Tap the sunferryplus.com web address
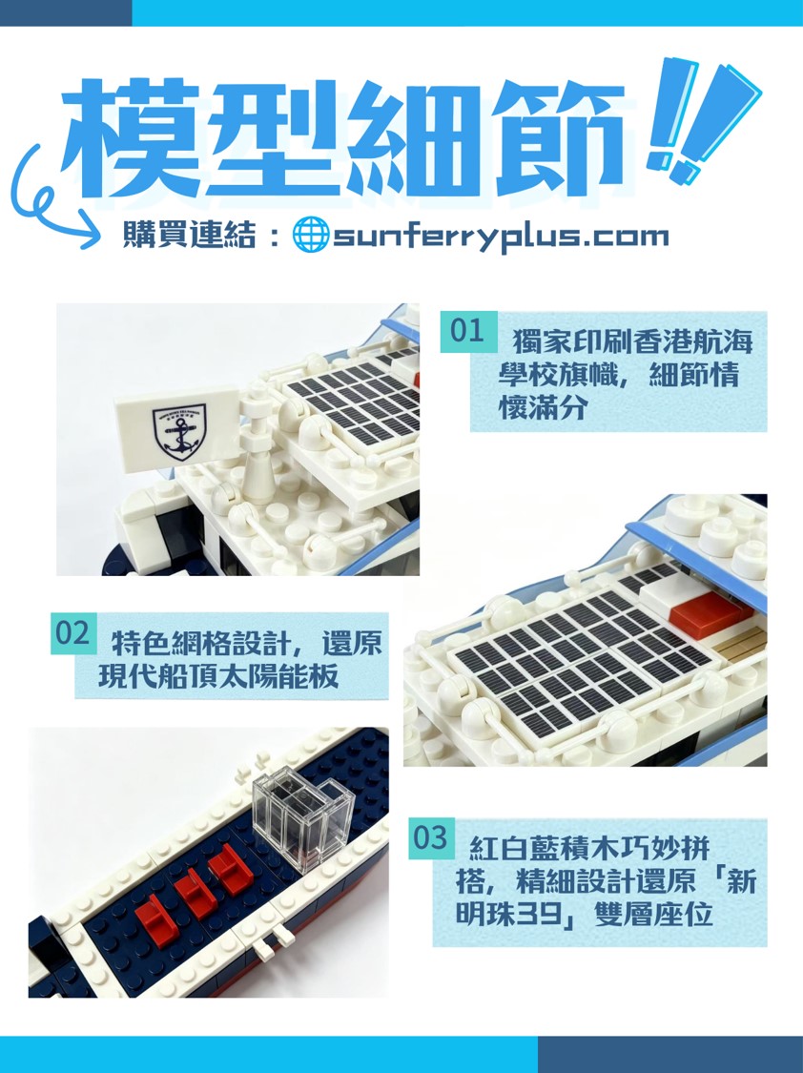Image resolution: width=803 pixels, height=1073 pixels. click(501, 237)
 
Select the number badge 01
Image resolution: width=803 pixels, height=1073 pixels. click(468, 332)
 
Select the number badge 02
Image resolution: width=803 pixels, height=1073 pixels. click(73, 633)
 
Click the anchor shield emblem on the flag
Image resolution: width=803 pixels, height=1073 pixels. click(179, 432)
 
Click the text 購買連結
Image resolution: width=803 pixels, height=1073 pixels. click(189, 235)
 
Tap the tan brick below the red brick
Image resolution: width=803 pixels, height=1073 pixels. click(739, 646)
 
